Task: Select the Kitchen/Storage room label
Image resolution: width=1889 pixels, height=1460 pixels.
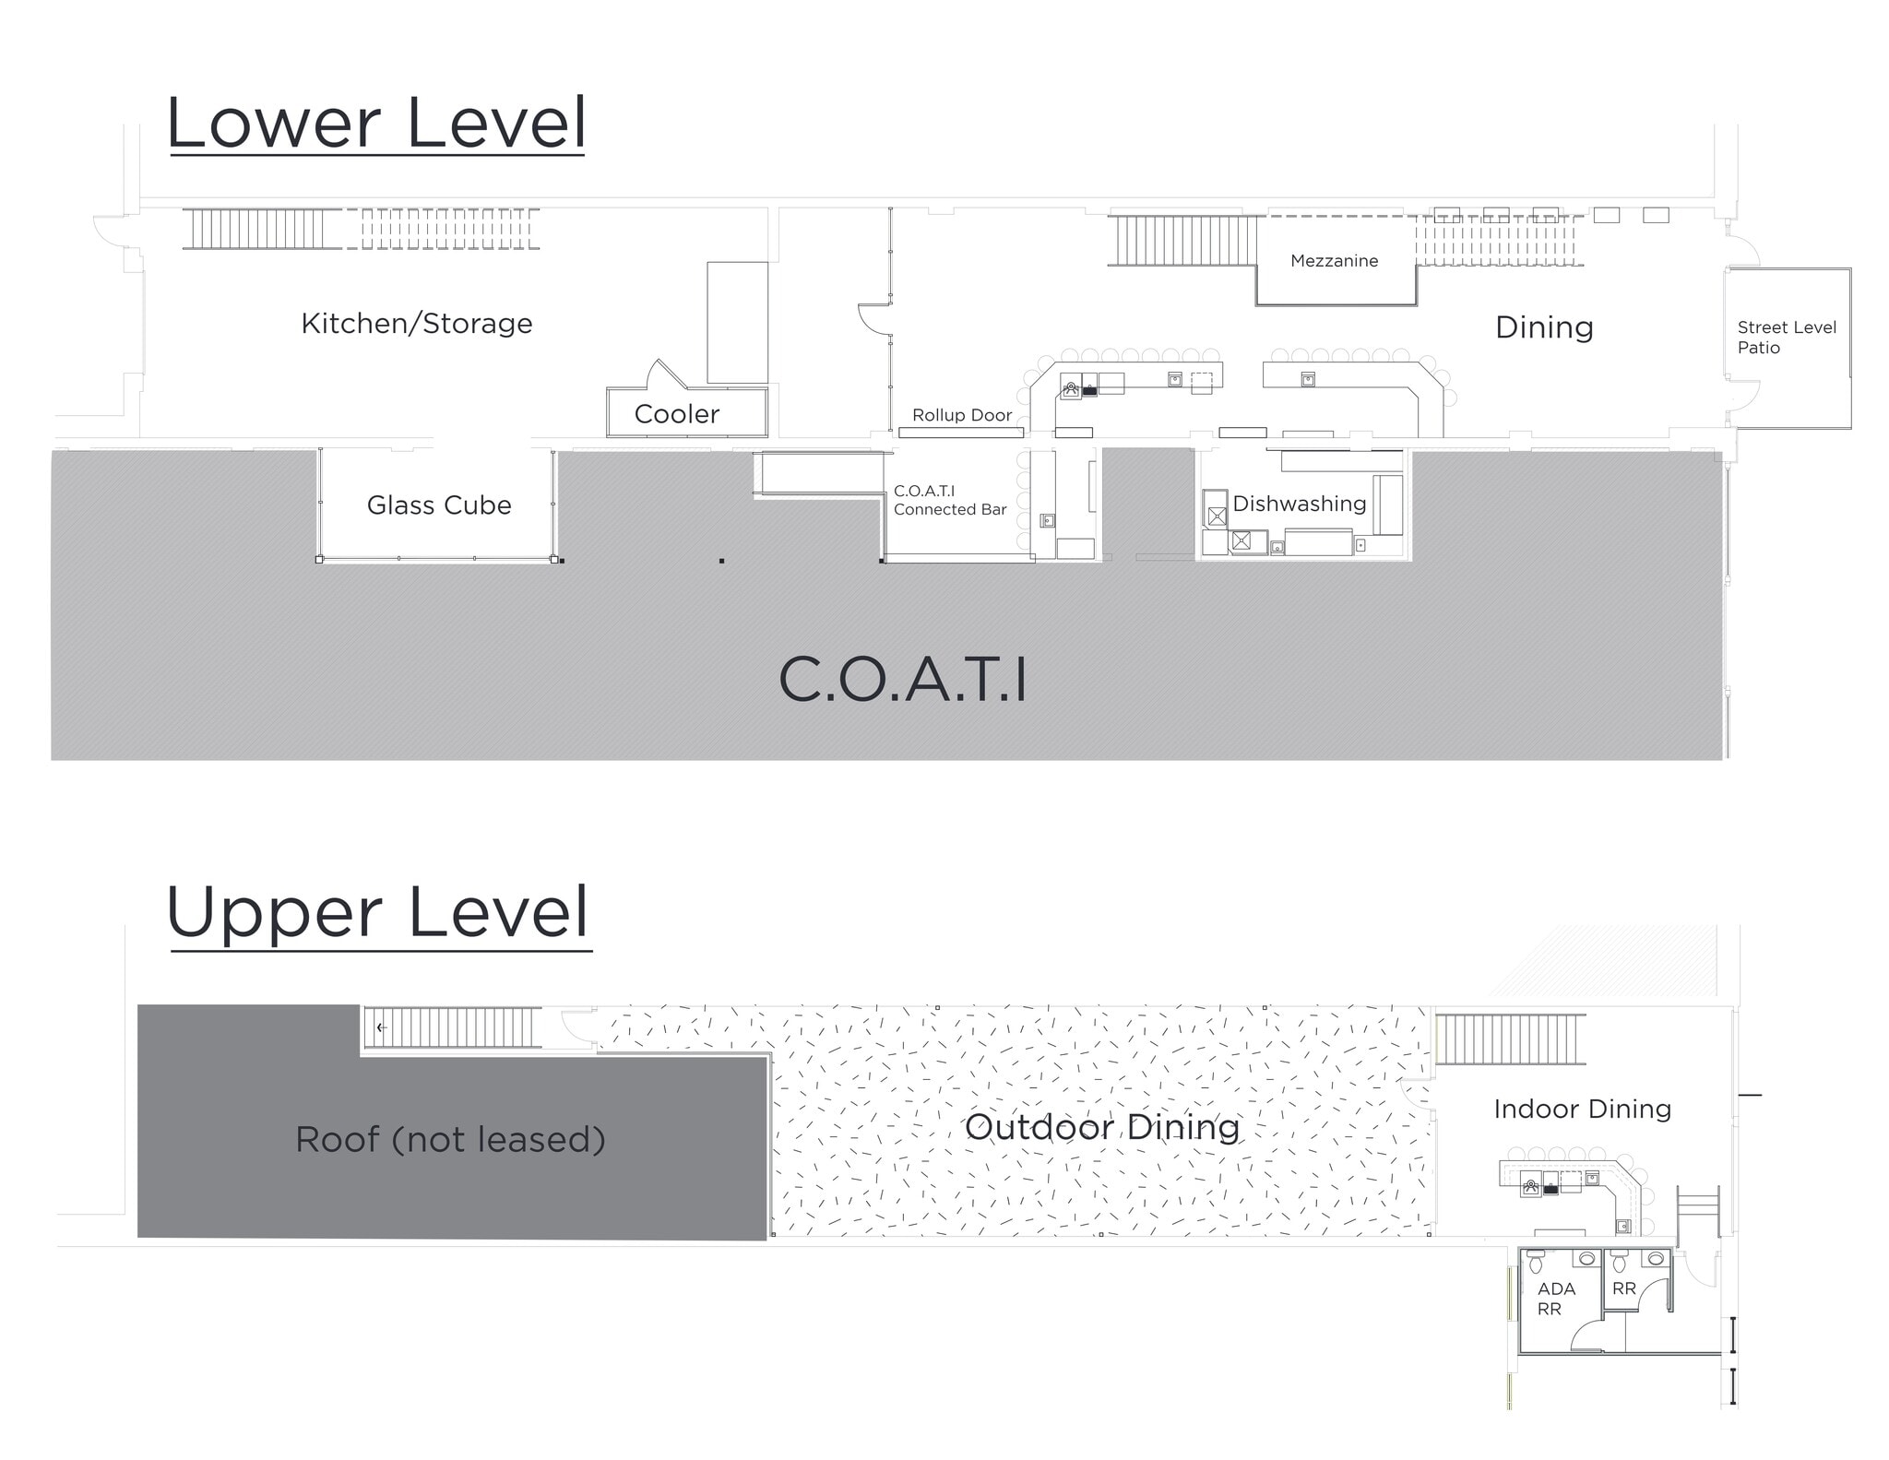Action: pyautogui.click(x=417, y=324)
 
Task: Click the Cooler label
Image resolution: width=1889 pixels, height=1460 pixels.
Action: pyautogui.click(x=676, y=414)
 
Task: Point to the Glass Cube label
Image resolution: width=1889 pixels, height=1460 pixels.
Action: pyautogui.click(x=439, y=505)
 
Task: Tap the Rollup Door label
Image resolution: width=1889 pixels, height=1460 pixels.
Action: pyautogui.click(x=962, y=415)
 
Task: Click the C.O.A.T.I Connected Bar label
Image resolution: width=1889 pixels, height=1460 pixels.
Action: pyautogui.click(x=949, y=500)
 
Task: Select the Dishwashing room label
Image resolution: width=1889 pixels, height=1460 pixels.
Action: pyautogui.click(x=1299, y=504)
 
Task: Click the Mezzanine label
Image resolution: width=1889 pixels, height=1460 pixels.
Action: pyautogui.click(x=1334, y=261)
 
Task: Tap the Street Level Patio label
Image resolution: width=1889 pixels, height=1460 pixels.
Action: pyautogui.click(x=1786, y=338)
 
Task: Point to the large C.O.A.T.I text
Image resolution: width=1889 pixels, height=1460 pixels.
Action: pyautogui.click(x=902, y=681)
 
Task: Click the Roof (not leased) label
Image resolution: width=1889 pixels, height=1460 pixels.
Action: pyautogui.click(x=450, y=1140)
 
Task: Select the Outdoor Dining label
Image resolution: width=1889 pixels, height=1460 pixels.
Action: pyautogui.click(x=1101, y=1127)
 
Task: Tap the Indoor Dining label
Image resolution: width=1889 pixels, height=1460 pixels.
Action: pyautogui.click(x=1582, y=1109)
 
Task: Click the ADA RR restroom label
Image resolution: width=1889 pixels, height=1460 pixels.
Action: pyautogui.click(x=1555, y=1299)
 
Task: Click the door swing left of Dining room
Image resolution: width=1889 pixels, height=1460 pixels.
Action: pyautogui.click(x=873, y=318)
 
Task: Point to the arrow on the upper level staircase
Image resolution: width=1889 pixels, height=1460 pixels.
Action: pyautogui.click(x=381, y=1027)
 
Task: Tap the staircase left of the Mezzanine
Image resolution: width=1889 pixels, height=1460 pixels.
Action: pyautogui.click(x=1182, y=241)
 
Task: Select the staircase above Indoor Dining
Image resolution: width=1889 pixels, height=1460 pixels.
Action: pyautogui.click(x=1510, y=1039)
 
